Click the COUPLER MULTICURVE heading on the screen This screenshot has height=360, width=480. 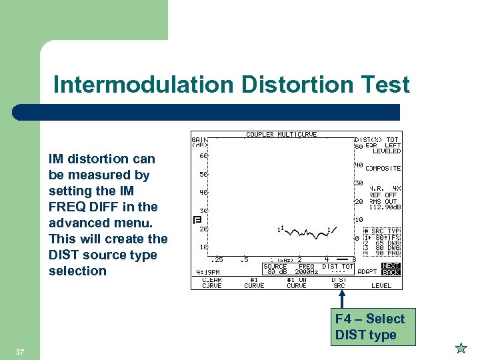pos(280,135)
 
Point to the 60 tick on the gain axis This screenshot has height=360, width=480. pos(203,157)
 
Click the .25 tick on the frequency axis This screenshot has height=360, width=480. pos(217,259)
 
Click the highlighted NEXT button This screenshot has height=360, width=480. pos(391,265)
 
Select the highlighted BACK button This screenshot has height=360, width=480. pos(391,272)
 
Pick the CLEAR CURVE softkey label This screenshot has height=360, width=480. pos(212,283)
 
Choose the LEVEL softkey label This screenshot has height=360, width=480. pos(381,285)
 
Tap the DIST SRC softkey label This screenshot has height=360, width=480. pos(339,283)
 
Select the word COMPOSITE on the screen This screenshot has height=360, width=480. pos(383,169)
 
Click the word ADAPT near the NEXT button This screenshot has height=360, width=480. pos(367,272)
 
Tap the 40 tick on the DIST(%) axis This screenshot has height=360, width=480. pos(358,165)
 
